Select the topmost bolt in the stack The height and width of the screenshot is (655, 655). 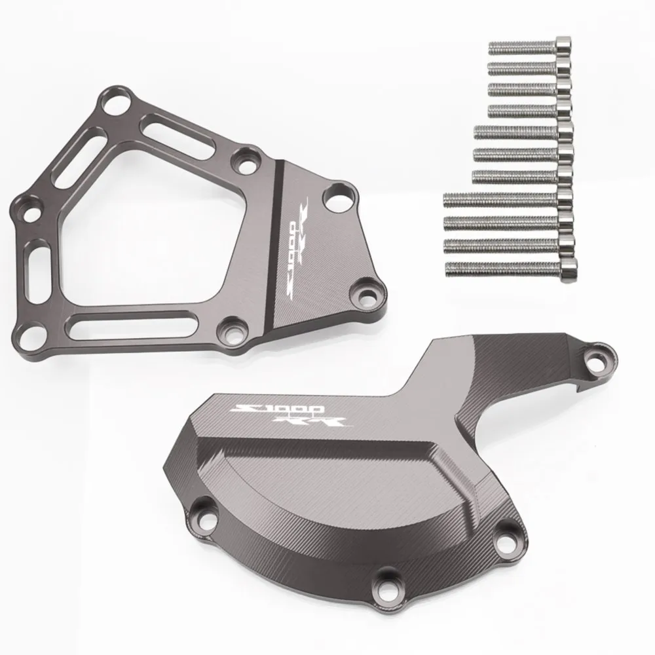click(x=530, y=48)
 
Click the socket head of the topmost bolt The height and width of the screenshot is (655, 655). click(x=563, y=47)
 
